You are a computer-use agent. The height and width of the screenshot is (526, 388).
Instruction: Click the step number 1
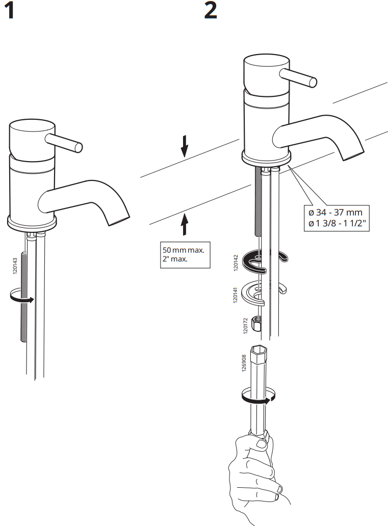[x=9, y=11]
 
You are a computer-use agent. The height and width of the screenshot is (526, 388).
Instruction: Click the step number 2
[x=211, y=11]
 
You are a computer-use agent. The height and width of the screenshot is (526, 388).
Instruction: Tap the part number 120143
[x=15, y=267]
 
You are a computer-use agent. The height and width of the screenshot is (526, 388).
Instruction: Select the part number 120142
[x=236, y=261]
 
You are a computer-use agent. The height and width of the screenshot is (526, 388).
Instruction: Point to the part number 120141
[x=236, y=295]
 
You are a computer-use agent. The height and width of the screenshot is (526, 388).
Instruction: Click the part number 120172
[x=245, y=326]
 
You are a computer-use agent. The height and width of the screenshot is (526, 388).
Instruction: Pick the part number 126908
[x=244, y=364]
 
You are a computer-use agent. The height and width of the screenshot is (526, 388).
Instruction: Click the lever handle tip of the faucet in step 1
[x=79, y=147]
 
